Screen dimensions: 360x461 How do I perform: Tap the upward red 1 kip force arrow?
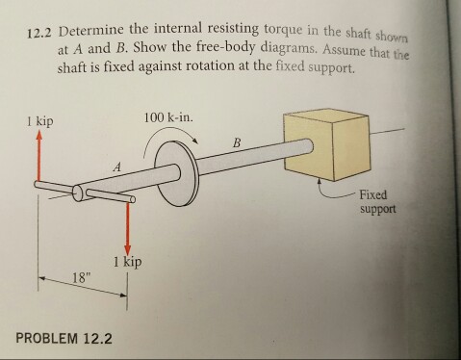[38, 160]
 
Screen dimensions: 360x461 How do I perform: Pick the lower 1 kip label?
[128, 262]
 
